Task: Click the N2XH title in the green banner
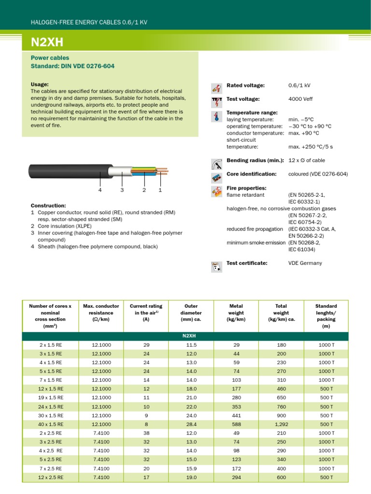(47, 42)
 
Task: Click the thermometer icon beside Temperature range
(217, 116)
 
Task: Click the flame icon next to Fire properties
(217, 192)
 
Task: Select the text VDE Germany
(305, 263)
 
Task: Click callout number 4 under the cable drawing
(100, 190)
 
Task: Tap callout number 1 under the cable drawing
(159, 190)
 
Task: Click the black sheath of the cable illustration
(68, 171)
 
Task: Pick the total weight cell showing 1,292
(281, 424)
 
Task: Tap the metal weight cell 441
(236, 415)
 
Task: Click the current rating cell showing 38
(146, 433)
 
